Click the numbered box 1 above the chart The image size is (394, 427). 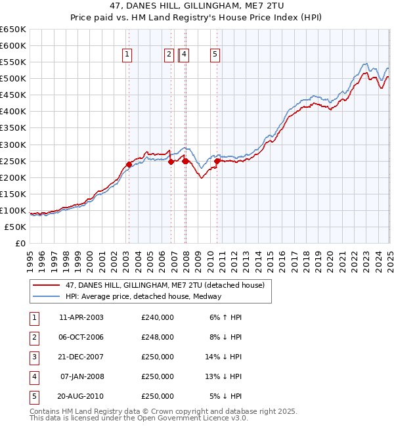[126, 55]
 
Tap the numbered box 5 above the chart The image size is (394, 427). [215, 55]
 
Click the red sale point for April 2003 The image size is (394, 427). [129, 164]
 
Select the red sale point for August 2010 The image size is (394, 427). [217, 161]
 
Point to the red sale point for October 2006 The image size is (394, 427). [171, 162]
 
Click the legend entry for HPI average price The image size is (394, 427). [143, 296]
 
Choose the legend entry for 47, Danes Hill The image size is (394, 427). [164, 285]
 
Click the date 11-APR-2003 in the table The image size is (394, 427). [81, 317]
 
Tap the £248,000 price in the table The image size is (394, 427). [158, 337]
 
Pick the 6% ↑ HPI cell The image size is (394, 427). [226, 317]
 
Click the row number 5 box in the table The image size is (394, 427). [33, 396]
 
